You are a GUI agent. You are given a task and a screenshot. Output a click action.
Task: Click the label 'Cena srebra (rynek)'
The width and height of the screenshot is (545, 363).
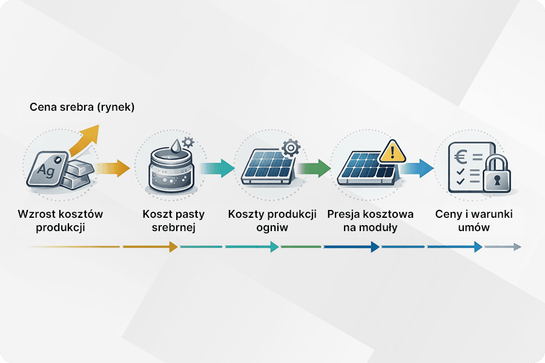(82, 108)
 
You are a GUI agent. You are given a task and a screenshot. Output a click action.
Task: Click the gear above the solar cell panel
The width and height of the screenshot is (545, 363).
(291, 148)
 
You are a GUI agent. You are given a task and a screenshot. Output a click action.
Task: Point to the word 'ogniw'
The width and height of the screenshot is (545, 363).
(272, 228)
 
